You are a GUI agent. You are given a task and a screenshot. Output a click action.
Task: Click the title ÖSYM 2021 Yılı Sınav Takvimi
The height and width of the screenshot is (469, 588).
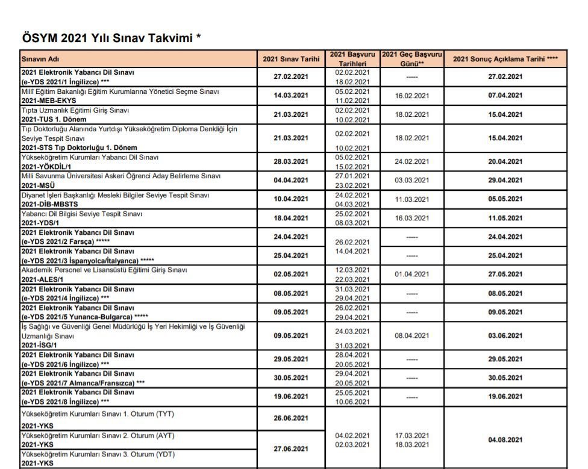point(111,39)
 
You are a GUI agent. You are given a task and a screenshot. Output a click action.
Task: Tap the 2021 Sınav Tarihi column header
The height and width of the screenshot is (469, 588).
point(291,59)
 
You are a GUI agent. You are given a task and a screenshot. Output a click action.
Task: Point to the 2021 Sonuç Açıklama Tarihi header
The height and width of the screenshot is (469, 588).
point(505,59)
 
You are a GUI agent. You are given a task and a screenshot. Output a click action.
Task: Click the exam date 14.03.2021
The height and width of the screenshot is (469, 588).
point(291,96)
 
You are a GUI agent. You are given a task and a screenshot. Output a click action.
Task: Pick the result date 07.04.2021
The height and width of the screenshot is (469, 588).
point(505,96)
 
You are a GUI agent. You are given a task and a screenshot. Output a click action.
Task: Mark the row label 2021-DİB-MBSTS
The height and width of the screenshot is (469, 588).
point(49,204)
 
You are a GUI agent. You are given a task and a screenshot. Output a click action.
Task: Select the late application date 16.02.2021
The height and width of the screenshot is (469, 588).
point(411,96)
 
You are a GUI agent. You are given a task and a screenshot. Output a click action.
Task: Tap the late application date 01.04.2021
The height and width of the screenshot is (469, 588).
point(411,275)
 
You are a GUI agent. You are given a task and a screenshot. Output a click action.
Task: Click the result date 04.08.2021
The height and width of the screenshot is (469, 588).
point(505,440)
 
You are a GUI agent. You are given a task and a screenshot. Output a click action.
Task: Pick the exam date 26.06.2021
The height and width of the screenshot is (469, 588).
point(291,418)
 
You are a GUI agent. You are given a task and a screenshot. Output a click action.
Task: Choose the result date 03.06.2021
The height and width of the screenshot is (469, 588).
point(505,336)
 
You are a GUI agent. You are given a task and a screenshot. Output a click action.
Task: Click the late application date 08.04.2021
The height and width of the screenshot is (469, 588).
point(411,336)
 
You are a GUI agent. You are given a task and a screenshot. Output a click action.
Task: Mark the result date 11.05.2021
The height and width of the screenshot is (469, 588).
point(505,219)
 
